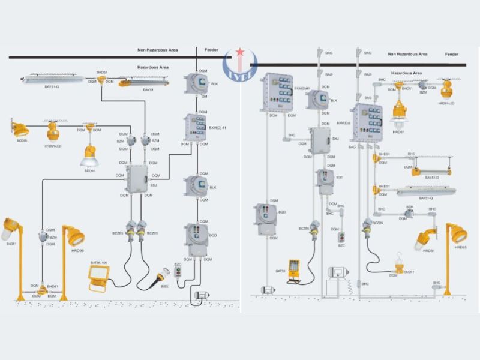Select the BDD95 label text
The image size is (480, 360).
pyautogui.click(x=22, y=140)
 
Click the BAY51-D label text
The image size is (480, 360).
pyautogui.click(x=433, y=178)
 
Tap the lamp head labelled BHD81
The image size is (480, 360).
pyautogui.click(x=11, y=229)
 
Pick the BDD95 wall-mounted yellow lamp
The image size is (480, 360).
pyautogui.click(x=20, y=128)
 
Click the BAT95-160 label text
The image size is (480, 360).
pyautogui.click(x=98, y=263)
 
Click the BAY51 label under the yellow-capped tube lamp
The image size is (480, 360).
pyautogui.click(x=148, y=90)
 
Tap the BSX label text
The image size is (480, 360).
pyautogui.click(x=164, y=287)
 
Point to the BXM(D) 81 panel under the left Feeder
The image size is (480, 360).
pyautogui.click(x=195, y=127)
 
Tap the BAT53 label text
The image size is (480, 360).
pyautogui.click(x=280, y=271)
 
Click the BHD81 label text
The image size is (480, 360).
pyautogui.click(x=11, y=244)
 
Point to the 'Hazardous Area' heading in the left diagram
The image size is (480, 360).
pyautogui.click(x=153, y=67)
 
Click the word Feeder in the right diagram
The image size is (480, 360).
pyautogui.click(x=452, y=54)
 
